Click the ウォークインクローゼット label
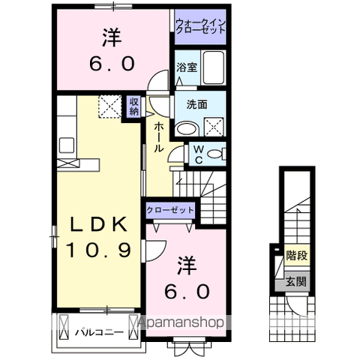point(200,28)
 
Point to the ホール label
point(159,137)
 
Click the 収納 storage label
point(133,106)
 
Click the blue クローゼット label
point(171,211)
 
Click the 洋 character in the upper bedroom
point(111,37)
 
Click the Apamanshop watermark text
point(178,324)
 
